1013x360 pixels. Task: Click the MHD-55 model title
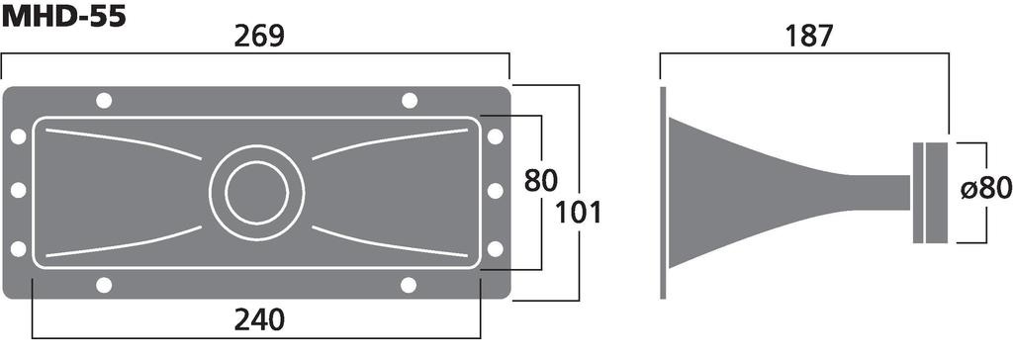(63, 16)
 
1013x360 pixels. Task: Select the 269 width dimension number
(259, 38)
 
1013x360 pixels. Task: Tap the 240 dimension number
(259, 319)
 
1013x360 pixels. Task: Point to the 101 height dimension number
(578, 212)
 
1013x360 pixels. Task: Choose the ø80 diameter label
(985, 189)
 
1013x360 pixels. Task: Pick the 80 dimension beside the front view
(540, 180)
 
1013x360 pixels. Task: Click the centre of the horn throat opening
(256, 193)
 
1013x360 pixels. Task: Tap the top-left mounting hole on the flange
(103, 101)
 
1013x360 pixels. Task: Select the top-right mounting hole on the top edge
(409, 101)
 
